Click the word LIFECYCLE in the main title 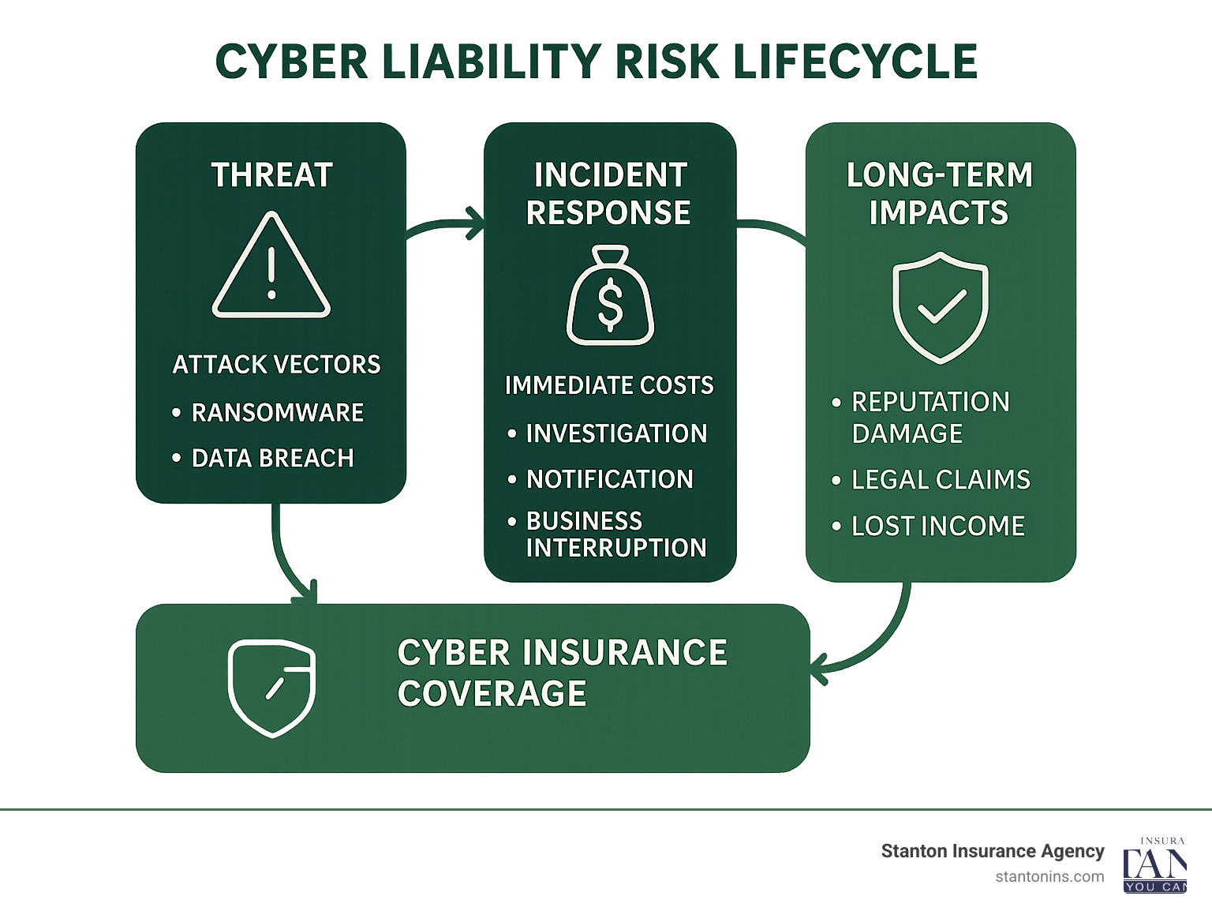(x=855, y=62)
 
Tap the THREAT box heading (x=271, y=175)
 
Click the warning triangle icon (x=271, y=267)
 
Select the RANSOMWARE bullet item (x=277, y=412)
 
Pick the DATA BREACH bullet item (x=272, y=458)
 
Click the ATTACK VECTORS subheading (x=276, y=365)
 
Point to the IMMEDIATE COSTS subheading (x=608, y=385)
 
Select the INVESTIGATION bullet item (x=615, y=433)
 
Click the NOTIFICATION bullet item (x=609, y=479)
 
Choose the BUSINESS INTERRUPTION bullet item (x=615, y=534)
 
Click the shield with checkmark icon (x=940, y=307)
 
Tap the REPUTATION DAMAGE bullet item (x=930, y=418)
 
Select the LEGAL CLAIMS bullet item (x=941, y=480)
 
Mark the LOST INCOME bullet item (x=937, y=527)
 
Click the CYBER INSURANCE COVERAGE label (x=562, y=673)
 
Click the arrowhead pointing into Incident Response (x=475, y=223)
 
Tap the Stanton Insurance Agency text (x=992, y=851)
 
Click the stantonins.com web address (x=1049, y=876)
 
